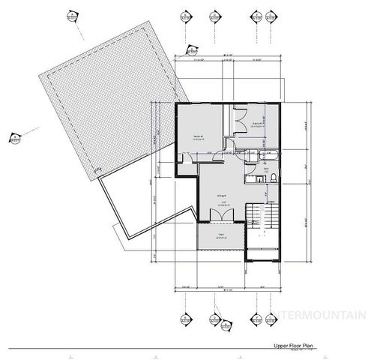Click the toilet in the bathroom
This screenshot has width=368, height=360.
[274, 178]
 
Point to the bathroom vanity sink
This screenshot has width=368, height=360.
[250, 177]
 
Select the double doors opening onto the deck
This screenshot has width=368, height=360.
[222, 214]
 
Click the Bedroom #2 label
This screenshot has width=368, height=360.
[257, 124]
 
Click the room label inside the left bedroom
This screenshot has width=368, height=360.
[199, 137]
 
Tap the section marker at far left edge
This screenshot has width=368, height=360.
[13, 137]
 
